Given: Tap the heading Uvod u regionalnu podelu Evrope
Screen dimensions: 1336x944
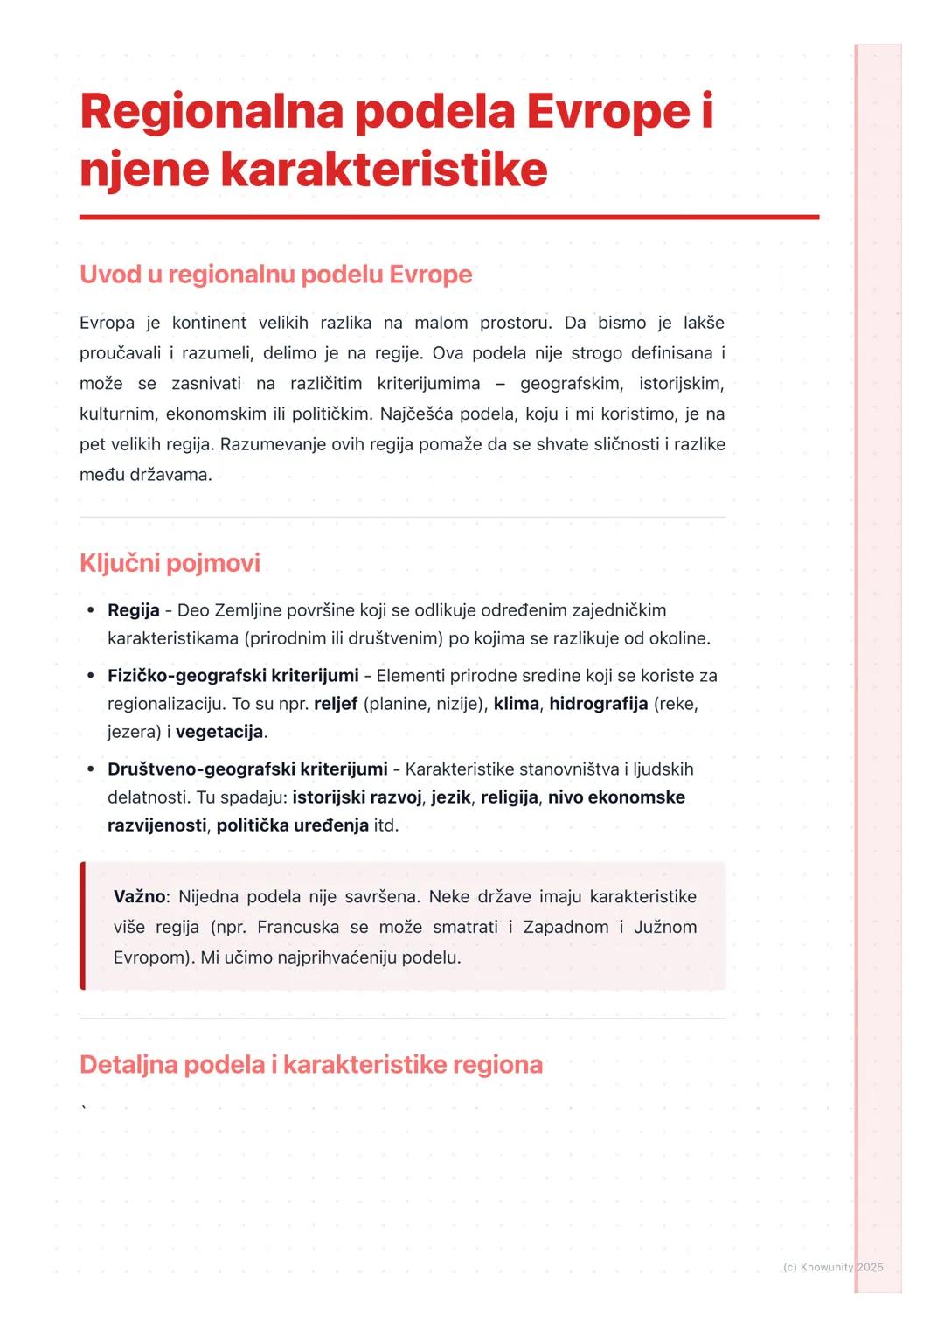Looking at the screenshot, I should point(275,275).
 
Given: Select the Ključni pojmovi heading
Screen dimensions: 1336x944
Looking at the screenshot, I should point(170,563).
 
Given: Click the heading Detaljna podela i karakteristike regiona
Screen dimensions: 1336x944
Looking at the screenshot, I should point(310,1065).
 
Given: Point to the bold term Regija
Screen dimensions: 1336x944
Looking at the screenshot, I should point(133,610).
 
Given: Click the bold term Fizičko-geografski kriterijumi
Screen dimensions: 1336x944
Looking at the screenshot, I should point(233,676).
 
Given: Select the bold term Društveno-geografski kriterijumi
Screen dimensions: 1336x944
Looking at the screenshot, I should point(247,769).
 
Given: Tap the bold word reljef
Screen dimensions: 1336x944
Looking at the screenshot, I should point(336,704).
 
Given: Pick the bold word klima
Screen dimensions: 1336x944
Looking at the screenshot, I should point(516,704).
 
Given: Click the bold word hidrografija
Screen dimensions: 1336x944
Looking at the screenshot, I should point(598,704).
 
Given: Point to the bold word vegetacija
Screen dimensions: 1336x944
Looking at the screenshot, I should point(219,732).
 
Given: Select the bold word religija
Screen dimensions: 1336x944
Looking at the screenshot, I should point(509,797).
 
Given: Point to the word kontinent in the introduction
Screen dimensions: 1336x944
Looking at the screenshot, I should point(209,324).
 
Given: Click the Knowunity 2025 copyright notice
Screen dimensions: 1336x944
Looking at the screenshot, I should point(833,1267).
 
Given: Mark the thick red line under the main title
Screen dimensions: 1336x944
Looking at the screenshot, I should point(449,217).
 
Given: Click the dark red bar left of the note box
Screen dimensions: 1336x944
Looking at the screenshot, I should point(83,926).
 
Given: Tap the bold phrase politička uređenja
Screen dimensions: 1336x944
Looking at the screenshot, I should point(292,825).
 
